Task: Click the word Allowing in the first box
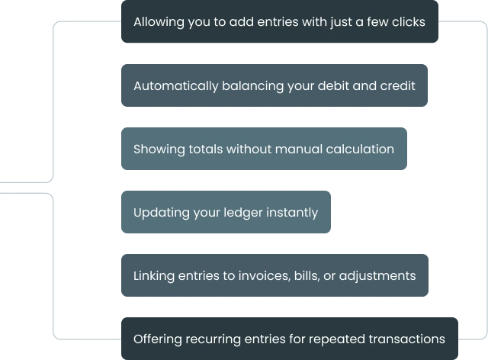159,22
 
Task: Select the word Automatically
176,86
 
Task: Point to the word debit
333,85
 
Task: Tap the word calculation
360,149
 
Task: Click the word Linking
154,276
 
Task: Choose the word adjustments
377,276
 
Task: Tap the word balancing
252,86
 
